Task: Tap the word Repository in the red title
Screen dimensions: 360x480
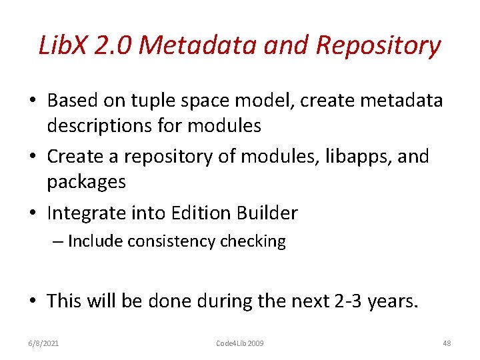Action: point(378,46)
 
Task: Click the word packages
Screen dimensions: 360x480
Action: point(87,181)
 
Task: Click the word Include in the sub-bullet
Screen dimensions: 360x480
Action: point(93,241)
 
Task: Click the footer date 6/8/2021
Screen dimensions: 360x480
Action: point(45,343)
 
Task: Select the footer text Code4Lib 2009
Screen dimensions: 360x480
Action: point(240,343)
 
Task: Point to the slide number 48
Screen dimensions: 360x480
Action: point(447,343)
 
